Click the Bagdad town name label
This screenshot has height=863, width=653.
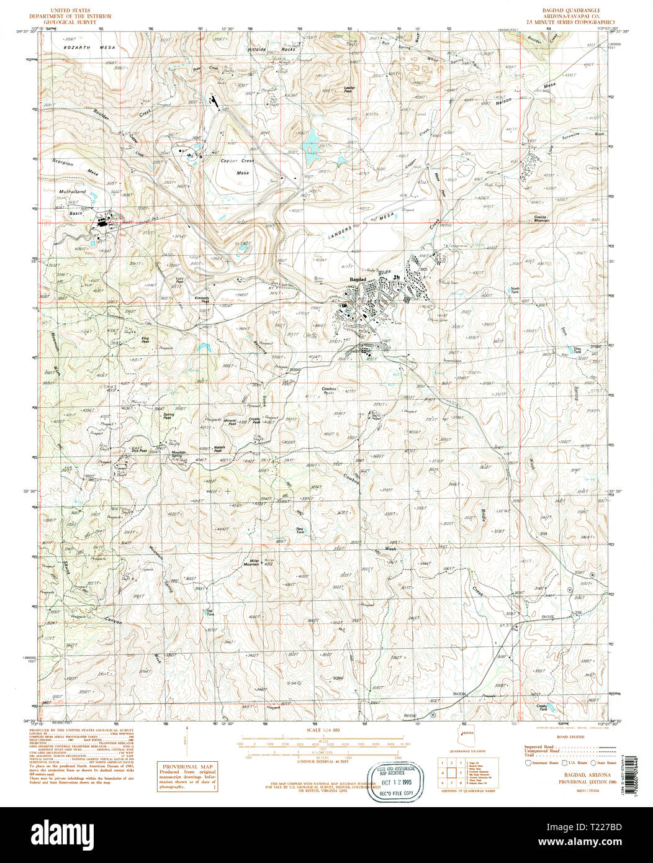coord(358,280)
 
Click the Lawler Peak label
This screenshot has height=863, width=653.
coord(349,89)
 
